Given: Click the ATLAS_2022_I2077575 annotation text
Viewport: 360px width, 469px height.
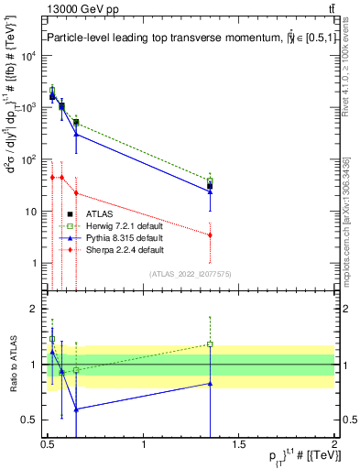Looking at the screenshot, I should point(189,273).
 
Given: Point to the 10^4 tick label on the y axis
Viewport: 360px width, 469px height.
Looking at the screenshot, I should point(31,56).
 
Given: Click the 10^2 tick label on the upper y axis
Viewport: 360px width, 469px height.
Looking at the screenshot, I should point(31,159).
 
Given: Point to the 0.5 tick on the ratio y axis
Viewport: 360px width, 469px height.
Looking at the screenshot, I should point(31,420).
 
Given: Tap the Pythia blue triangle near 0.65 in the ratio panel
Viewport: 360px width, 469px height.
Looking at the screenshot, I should point(76,409).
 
